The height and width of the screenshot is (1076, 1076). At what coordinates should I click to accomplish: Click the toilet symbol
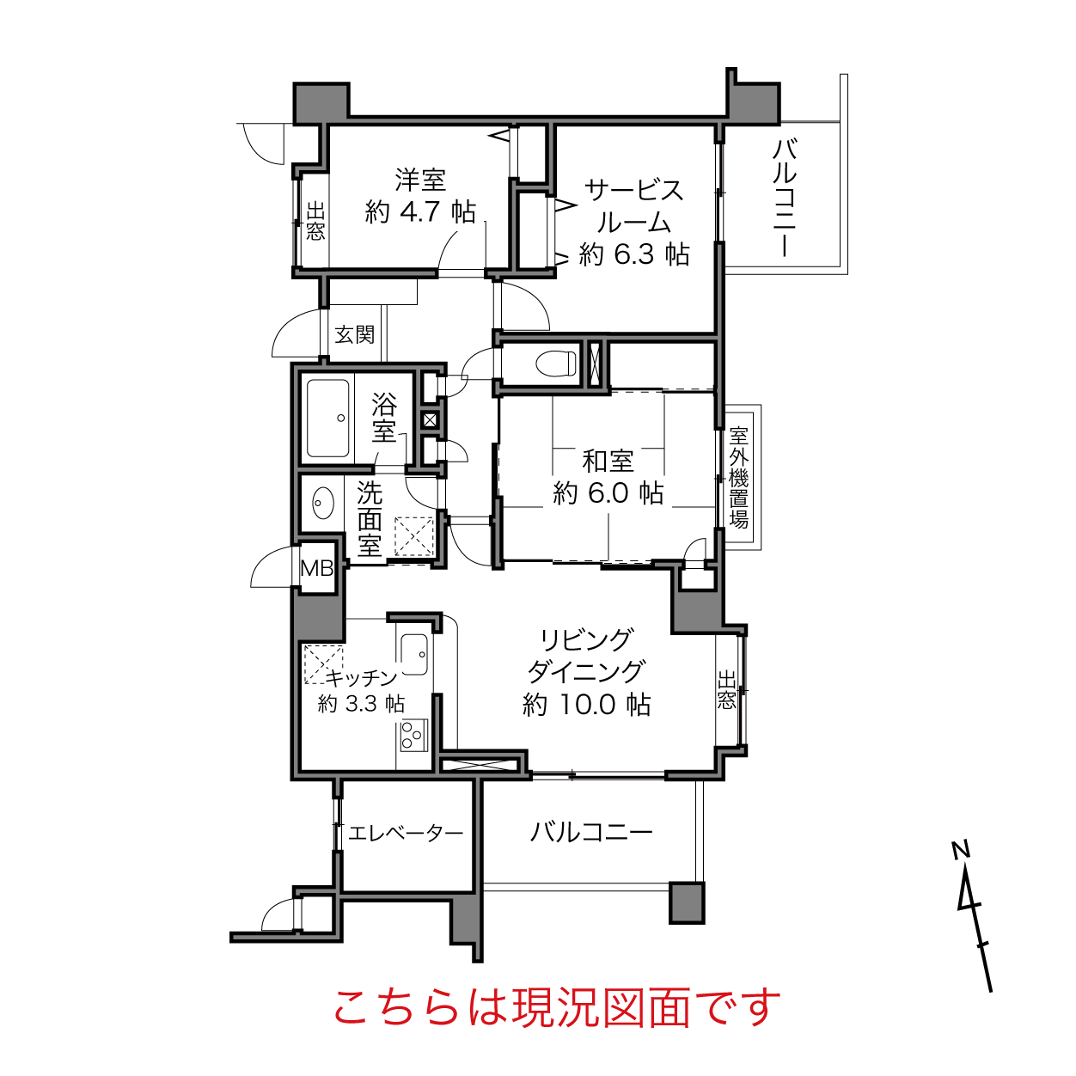point(555,363)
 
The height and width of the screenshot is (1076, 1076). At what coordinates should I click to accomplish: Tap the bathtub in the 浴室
point(327,419)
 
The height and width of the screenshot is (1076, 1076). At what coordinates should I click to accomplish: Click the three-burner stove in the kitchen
point(413,735)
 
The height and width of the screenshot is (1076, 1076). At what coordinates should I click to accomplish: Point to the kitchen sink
point(414,654)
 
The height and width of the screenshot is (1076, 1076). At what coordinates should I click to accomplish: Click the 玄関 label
point(355,335)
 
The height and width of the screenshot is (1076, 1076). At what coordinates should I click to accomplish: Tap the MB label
point(316,568)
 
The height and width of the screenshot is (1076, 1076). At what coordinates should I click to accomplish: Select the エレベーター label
point(406,834)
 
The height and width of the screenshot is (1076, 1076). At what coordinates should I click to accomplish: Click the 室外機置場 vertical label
point(738,478)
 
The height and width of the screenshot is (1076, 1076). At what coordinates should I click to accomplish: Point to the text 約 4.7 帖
point(420,212)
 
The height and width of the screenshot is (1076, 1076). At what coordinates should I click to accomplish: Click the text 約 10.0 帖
point(587,705)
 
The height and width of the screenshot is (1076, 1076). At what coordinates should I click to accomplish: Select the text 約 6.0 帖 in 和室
point(608,493)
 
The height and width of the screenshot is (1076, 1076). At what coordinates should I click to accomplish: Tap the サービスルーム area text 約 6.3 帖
point(634,254)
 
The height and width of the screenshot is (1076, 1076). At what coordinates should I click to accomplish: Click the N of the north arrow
point(961,851)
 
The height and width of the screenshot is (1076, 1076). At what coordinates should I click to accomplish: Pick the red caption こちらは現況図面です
point(557,1008)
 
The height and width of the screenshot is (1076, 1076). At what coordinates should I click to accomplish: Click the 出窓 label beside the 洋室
point(315,221)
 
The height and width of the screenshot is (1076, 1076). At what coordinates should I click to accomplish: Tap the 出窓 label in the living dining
point(726,690)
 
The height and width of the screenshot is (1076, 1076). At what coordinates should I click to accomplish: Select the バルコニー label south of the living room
point(591,833)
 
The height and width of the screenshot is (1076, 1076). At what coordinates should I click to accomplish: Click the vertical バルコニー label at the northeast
point(785,199)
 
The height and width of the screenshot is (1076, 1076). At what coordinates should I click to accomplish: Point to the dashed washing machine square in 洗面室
point(413,536)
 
